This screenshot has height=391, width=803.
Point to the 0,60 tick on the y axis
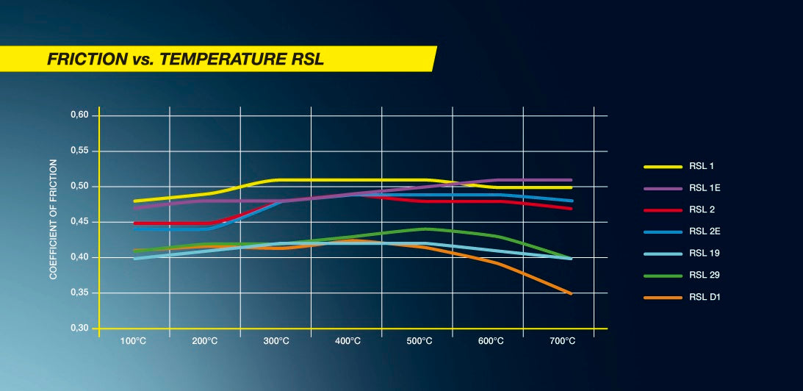[79, 115]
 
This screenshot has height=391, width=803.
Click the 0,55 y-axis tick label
[79, 151]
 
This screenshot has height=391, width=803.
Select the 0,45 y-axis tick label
[79, 222]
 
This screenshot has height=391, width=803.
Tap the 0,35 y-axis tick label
[79, 293]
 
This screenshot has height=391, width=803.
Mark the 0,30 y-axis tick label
[79, 329]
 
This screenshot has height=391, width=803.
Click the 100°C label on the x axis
[134, 341]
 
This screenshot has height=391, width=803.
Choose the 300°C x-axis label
[276, 341]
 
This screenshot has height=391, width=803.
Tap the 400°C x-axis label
[348, 341]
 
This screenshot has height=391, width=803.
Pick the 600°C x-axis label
[490, 341]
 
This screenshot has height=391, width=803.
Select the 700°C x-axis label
[561, 341]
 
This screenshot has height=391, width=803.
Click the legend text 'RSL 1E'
[704, 189]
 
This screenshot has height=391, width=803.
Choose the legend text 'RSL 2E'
[704, 232]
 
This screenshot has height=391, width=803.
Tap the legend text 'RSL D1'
[704, 297]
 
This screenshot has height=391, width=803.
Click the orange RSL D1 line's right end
[572, 294]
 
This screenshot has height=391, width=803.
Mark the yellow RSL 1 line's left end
[134, 201]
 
